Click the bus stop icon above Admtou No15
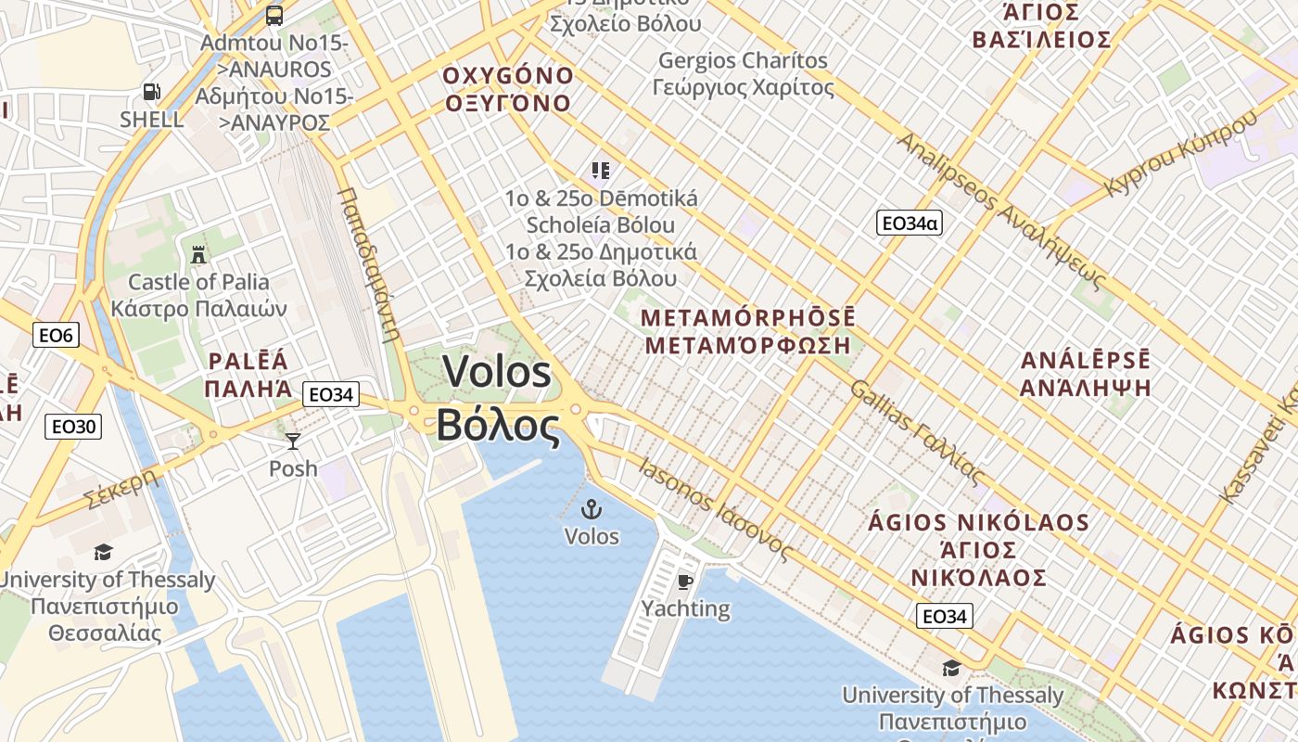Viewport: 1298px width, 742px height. [x=274, y=15]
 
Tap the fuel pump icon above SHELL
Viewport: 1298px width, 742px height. [x=151, y=92]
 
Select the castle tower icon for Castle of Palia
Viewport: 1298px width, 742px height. [x=197, y=254]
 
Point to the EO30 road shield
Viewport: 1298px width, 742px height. [x=73, y=427]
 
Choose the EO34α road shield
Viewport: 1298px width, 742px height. [x=909, y=223]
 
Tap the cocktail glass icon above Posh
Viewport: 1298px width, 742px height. [x=293, y=441]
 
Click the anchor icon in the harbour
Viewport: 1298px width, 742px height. [x=591, y=509]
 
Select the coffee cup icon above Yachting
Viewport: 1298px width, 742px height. [x=684, y=582]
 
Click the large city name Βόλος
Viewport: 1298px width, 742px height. [x=498, y=427]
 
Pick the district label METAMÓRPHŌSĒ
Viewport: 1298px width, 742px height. [x=748, y=318]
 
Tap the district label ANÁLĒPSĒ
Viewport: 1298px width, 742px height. [x=1085, y=361]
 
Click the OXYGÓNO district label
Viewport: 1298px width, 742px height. [x=508, y=75]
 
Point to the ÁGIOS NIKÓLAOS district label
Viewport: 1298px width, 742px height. [x=978, y=522]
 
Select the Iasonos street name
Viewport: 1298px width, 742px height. [x=676, y=482]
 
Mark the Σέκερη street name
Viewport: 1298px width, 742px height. [x=121, y=488]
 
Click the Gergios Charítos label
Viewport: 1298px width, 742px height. [x=743, y=61]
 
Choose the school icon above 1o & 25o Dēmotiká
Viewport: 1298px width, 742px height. [x=601, y=171]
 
